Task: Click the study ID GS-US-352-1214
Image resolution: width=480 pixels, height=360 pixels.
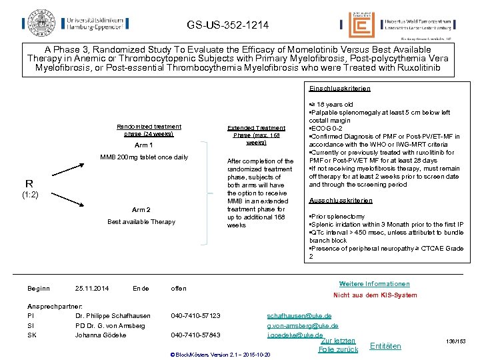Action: pyautogui.click(x=228, y=25)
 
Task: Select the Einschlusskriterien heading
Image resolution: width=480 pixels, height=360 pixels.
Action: pyautogui.click(x=339, y=88)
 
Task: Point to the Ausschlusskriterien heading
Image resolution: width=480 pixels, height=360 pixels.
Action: pyautogui.click(x=341, y=201)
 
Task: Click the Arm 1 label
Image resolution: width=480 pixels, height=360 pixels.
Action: pyautogui.click(x=144, y=145)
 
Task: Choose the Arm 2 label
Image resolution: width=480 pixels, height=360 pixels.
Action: pyautogui.click(x=141, y=209)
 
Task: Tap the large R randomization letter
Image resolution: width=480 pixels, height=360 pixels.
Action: pyautogui.click(x=29, y=183)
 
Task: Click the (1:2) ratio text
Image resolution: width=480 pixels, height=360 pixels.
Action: pyautogui.click(x=31, y=195)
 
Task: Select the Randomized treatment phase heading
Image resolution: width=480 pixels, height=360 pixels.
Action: pyautogui.click(x=149, y=130)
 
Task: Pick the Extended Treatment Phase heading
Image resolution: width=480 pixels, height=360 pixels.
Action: pyautogui.click(x=256, y=135)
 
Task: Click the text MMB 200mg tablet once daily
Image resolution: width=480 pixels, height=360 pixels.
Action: pyautogui.click(x=144, y=157)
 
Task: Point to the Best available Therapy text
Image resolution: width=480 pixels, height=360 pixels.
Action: pyautogui.click(x=141, y=222)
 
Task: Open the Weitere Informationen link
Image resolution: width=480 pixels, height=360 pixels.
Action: pyautogui.click(x=375, y=284)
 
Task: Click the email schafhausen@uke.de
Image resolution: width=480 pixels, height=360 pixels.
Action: pyautogui.click(x=299, y=315)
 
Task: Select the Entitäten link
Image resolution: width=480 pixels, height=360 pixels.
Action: pyautogui.click(x=385, y=346)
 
